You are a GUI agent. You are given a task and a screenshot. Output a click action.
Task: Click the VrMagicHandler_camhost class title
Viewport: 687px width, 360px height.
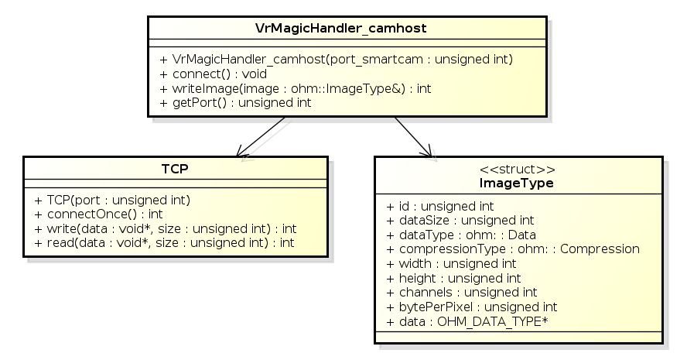click(x=340, y=28)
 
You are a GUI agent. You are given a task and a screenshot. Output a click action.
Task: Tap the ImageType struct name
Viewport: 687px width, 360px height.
click(x=518, y=183)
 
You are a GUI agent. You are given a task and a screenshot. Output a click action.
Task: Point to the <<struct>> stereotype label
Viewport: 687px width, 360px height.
click(x=518, y=170)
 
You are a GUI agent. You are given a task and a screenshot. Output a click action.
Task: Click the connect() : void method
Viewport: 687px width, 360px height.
click(x=213, y=74)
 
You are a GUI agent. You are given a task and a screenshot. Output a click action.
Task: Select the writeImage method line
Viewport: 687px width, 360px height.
click(x=296, y=88)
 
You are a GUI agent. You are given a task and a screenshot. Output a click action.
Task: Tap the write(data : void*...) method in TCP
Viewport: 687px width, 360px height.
click(x=165, y=228)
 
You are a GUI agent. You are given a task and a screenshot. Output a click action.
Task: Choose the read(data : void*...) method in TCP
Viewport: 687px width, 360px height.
click(x=164, y=243)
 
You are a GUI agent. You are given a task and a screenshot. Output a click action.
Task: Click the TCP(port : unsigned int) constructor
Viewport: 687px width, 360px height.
click(x=112, y=200)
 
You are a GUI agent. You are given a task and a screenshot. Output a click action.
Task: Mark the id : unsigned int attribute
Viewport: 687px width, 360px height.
click(x=439, y=207)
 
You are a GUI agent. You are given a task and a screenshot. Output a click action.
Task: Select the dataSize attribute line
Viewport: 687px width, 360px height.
click(x=460, y=221)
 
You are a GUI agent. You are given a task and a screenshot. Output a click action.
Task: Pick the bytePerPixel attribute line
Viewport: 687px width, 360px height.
click(x=471, y=307)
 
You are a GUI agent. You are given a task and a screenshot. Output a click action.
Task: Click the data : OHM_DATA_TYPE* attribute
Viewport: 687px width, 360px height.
click(x=467, y=321)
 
